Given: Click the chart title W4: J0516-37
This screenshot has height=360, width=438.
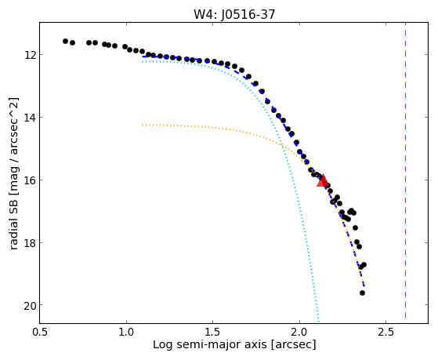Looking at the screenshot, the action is tap(234, 14).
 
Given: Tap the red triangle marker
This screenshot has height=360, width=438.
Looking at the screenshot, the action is tap(323, 181).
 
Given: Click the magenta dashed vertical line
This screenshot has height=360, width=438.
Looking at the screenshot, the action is tap(405, 170).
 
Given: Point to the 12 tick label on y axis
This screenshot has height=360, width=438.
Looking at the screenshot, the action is tap(30, 55).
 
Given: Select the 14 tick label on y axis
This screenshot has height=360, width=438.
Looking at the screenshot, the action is tap(30, 117).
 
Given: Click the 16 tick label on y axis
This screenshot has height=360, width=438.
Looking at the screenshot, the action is tap(30, 180).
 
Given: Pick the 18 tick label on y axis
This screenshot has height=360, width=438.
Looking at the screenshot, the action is tap(30, 242).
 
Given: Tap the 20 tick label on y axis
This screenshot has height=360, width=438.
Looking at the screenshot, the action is tap(30, 305).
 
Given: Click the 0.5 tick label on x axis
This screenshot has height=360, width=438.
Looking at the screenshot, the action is tap(40, 332).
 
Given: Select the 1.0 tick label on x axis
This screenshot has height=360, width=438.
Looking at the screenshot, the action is tap(126, 332).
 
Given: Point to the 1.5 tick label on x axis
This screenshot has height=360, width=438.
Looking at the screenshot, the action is tap(213, 332).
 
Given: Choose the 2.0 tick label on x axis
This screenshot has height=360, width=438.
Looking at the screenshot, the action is tap(299, 332).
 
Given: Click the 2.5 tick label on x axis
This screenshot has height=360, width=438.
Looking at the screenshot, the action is tap(386, 332).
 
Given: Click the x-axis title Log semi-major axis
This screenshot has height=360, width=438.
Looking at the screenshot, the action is tap(209, 344).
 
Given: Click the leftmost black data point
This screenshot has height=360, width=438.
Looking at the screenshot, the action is tap(65, 41).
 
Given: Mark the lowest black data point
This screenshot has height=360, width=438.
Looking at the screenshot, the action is tap(362, 293).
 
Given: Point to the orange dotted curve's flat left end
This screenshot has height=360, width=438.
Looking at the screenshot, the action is tap(143, 125).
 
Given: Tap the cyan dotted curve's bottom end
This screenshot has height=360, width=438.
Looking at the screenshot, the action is tap(318, 321).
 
